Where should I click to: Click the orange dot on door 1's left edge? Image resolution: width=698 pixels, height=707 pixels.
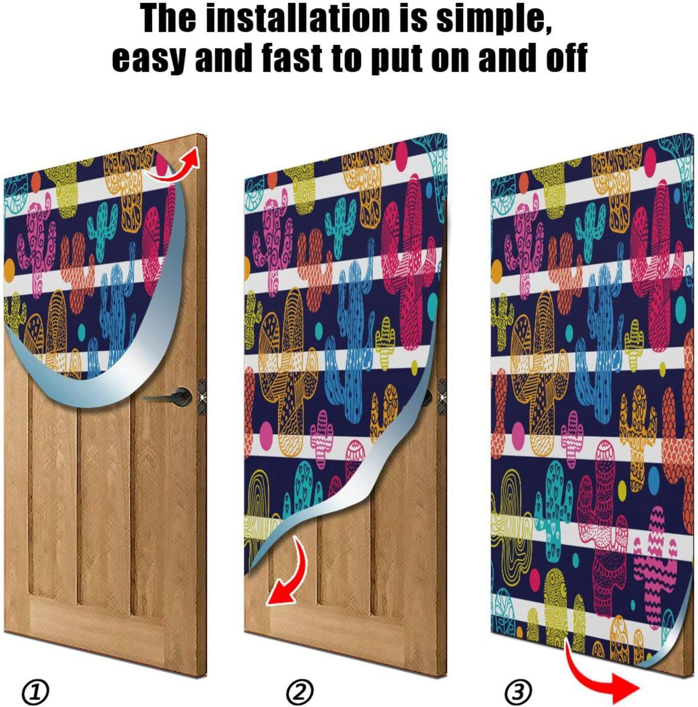[9, 267]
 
